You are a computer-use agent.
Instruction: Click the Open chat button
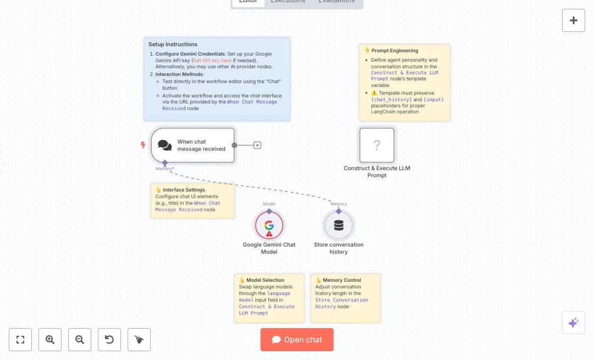tap(297, 340)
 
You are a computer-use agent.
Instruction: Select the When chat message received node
tap(193, 145)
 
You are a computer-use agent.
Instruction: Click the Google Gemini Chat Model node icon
tap(269, 225)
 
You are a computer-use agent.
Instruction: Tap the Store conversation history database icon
tap(338, 225)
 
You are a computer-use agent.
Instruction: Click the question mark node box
tap(377, 145)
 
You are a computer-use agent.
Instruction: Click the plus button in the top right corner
tap(573, 20)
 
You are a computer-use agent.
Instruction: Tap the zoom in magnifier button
tap(50, 340)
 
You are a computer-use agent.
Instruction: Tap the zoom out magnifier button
tap(80, 340)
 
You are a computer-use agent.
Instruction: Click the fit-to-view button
tap(20, 340)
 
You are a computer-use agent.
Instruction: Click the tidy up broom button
tap(139, 340)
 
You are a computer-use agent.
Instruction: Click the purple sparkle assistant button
tap(573, 323)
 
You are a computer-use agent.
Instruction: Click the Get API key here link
tap(212, 60)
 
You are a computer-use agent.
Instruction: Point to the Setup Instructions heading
tap(173, 45)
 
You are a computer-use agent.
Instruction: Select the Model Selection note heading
tap(265, 280)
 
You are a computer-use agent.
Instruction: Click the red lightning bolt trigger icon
tap(143, 145)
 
